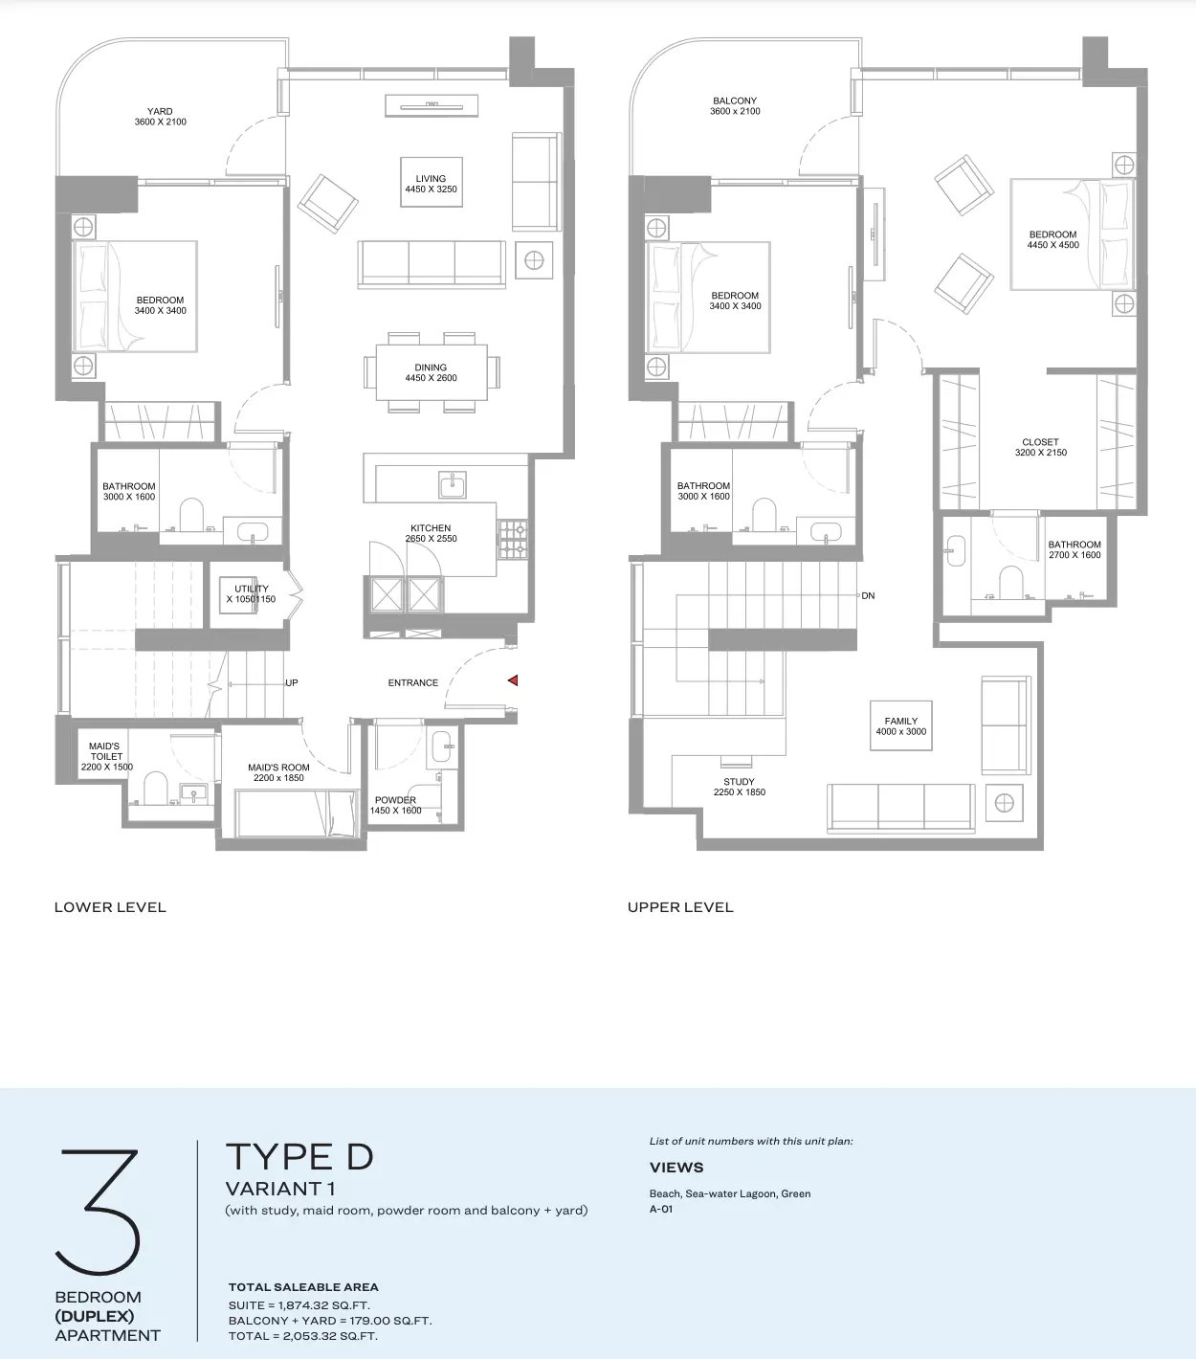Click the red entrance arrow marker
point(513,680)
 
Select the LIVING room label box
point(432,183)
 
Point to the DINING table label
point(431,372)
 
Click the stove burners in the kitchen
point(513,540)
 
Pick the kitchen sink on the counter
point(453,484)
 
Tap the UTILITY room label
point(251,593)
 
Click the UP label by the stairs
point(292,683)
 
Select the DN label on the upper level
point(868,595)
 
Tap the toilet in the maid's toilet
point(156,788)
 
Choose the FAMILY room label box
point(901,725)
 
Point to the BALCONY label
point(735,100)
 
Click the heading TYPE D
point(299,1156)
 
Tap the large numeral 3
point(98,1212)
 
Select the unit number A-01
point(661,1209)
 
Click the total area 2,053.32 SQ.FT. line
point(303,1335)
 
